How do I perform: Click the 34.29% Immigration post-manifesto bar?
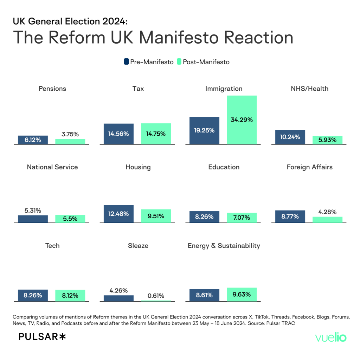coord(242,119)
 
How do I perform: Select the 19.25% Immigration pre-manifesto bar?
coord(204,130)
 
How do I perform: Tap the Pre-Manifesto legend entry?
coord(148,62)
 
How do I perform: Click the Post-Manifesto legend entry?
coord(203,62)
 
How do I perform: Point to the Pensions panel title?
coord(52,89)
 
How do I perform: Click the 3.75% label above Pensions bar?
coord(70,134)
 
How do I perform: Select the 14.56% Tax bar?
coord(118,134)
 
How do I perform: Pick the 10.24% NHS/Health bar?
coord(290,137)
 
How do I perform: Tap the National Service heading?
coord(52,167)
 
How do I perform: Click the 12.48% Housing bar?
coord(118,214)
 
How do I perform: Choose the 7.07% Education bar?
coord(242,218)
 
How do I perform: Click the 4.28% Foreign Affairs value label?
coord(327,212)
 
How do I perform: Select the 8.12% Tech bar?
coord(70,296)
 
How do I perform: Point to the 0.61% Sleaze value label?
coord(156,296)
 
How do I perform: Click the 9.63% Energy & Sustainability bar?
coord(242,295)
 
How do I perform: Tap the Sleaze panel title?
coord(138,245)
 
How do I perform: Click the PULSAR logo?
coord(42,337)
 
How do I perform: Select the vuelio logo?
coord(331,338)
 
